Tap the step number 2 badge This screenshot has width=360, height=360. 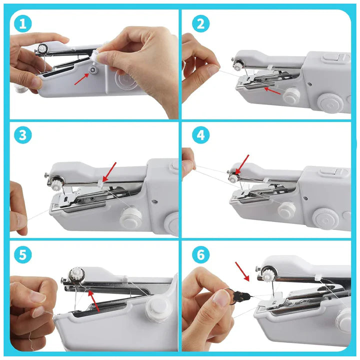[200, 22]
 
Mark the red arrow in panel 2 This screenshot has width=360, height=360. [272, 90]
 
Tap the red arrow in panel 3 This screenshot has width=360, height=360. [109, 170]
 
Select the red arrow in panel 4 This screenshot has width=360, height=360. [242, 163]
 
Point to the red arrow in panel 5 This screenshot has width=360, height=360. [93, 300]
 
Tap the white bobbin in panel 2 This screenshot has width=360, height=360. [292, 94]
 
